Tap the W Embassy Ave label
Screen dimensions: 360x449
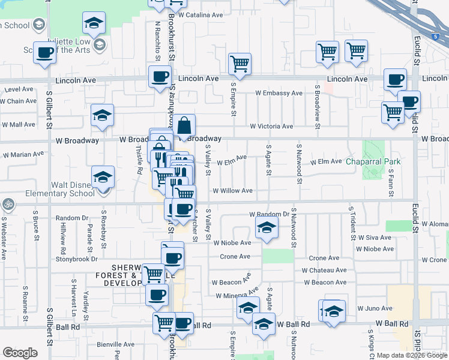pos(279,93)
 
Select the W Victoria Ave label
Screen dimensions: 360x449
pos(271,127)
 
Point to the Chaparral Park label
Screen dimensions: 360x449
pos(373,162)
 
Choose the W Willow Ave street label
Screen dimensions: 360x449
pos(232,191)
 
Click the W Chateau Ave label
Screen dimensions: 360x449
pos(324,270)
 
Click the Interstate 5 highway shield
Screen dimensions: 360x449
pos(435,37)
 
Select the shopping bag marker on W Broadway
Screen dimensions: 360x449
pos(185,126)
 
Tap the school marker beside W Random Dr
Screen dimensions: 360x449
pos(267,227)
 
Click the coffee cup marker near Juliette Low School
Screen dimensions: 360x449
pos(45,52)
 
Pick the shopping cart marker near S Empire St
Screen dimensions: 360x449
pos(240,63)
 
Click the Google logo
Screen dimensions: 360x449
pos(20,353)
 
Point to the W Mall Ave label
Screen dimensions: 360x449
pos(19,125)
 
